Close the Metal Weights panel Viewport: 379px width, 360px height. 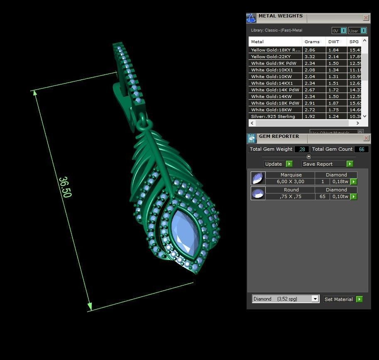[x=366, y=18]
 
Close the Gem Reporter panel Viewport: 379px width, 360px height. [x=366, y=138]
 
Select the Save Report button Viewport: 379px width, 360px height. [x=328, y=164]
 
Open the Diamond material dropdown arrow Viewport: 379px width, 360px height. [x=315, y=299]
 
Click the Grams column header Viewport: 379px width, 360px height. [x=312, y=42]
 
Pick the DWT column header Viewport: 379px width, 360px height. [x=334, y=42]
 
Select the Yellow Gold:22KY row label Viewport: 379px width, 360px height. [x=271, y=56]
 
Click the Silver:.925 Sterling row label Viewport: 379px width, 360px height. [x=273, y=116]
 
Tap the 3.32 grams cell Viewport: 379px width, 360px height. [x=310, y=56]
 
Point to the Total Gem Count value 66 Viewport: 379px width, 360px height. [x=361, y=149]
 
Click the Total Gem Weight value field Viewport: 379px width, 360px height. [x=302, y=149]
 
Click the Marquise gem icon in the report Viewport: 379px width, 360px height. [x=258, y=179]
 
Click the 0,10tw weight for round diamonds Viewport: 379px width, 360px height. [x=340, y=196]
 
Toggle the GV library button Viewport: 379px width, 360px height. [x=339, y=31]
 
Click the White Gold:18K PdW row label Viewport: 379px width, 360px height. [x=275, y=103]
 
